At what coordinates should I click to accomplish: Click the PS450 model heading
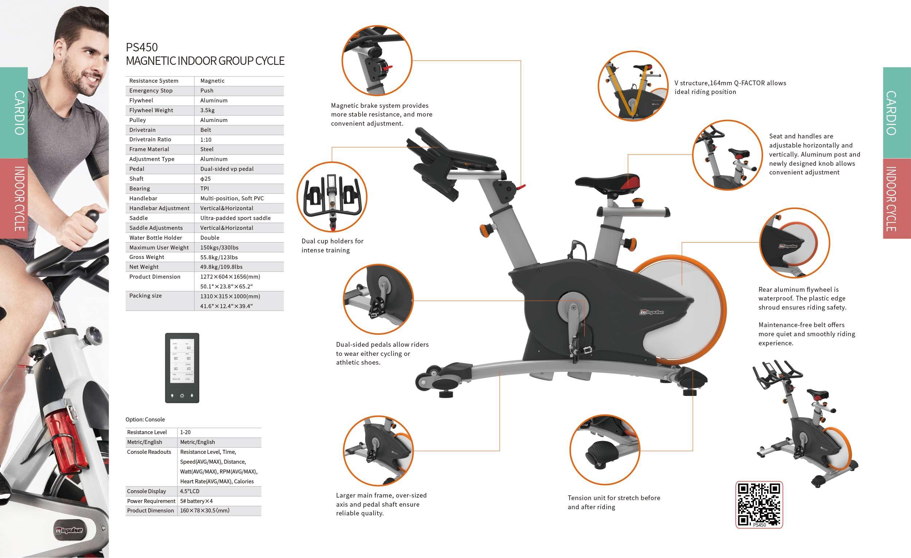(142, 47)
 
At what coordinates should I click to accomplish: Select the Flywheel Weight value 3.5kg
(207, 110)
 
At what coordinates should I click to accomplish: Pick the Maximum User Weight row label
(159, 248)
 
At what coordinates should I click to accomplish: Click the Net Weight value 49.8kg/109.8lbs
(222, 267)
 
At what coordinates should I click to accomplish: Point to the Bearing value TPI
(204, 188)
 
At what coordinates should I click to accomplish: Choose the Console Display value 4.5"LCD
(189, 491)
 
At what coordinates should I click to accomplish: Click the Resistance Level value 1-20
(185, 432)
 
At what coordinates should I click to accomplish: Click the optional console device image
(182, 368)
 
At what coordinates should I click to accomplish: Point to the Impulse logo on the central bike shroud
(652, 312)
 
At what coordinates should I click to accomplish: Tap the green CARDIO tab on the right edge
(896, 113)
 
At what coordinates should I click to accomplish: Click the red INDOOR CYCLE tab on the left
(14, 199)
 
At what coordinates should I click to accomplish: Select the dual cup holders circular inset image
(332, 197)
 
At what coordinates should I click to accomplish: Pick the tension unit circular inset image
(604, 449)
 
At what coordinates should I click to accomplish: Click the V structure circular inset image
(633, 86)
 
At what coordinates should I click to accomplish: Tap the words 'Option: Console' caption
(145, 420)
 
